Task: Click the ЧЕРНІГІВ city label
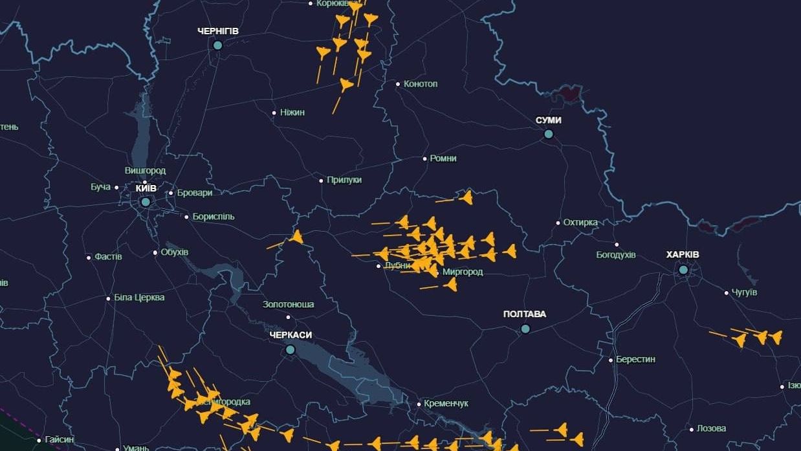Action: (218, 31)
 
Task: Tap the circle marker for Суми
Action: (549, 134)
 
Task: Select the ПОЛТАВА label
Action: (525, 314)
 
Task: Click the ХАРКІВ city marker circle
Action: (683, 269)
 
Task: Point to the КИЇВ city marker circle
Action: (146, 202)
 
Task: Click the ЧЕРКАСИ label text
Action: (291, 335)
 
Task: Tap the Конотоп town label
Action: (421, 84)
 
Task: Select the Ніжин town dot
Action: (274, 113)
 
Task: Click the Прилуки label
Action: (344, 180)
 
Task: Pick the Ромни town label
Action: (443, 159)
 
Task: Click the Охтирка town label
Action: (580, 223)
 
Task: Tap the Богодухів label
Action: (616, 255)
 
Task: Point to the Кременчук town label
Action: (446, 404)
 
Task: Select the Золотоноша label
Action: (289, 304)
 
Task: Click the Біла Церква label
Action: (139, 298)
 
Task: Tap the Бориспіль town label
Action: (214, 217)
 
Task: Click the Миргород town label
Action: (462, 272)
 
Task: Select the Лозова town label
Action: (711, 428)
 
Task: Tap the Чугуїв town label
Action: (744, 292)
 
